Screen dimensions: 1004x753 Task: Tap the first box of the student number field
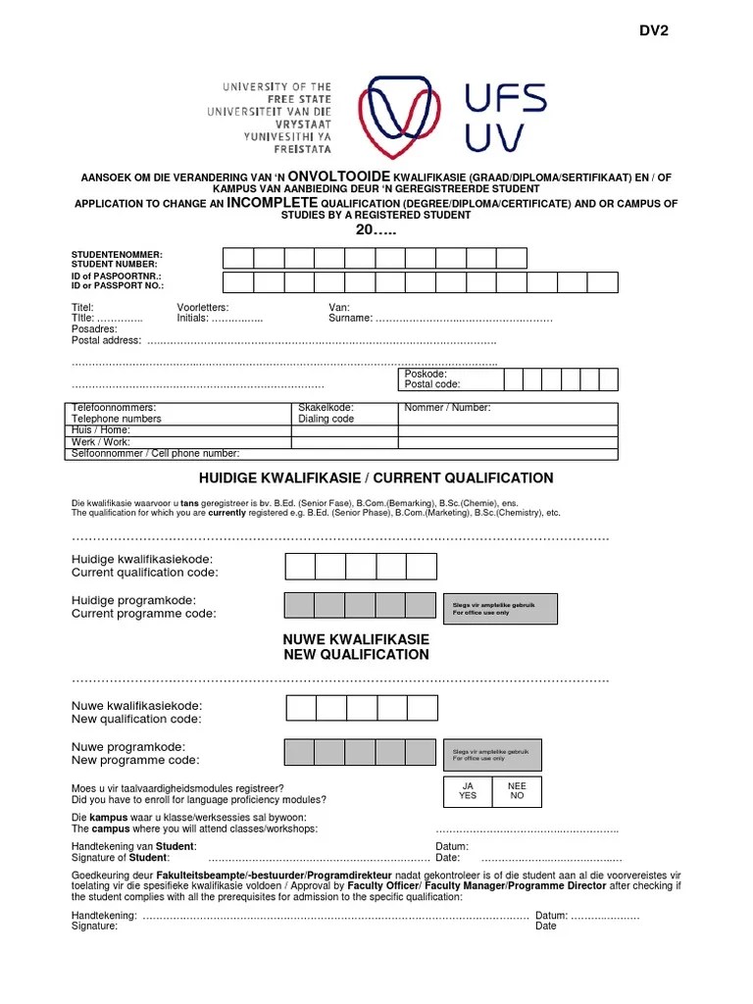(238, 258)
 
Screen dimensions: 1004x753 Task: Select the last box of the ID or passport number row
(602, 282)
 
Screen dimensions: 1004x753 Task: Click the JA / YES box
(468, 791)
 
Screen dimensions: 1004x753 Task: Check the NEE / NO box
(517, 791)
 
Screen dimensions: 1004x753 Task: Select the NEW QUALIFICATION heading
(356, 654)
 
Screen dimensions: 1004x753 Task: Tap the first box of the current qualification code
(299, 566)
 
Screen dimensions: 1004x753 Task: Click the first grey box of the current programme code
(299, 607)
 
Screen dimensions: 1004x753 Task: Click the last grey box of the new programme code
(421, 752)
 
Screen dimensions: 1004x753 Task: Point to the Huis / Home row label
(101, 429)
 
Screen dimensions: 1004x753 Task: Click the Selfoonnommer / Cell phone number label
(155, 453)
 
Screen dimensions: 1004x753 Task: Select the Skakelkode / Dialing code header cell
(326, 413)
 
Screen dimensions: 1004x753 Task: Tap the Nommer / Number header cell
(447, 407)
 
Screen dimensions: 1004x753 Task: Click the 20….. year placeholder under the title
(376, 229)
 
